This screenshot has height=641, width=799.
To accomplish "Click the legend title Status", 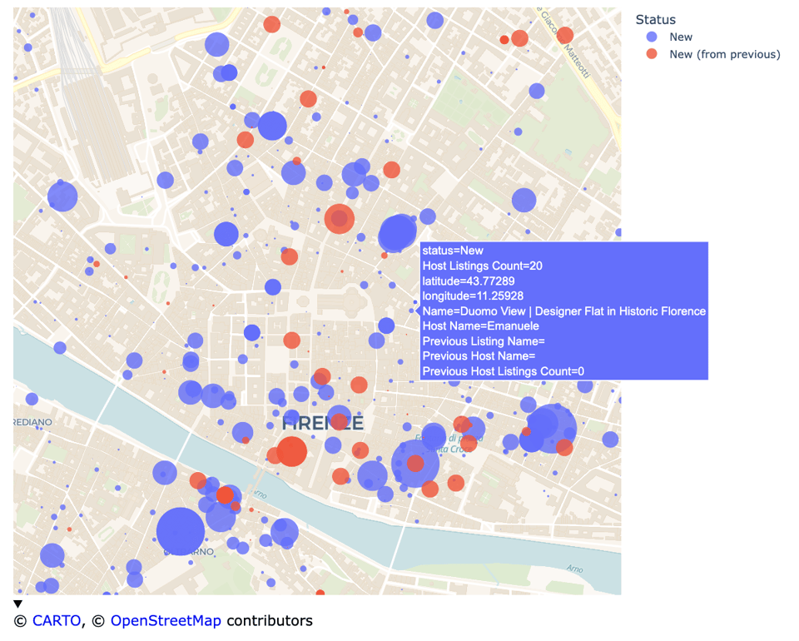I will (655, 19).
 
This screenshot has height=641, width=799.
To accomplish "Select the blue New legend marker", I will (652, 37).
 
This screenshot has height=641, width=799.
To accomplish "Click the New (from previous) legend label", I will (724, 54).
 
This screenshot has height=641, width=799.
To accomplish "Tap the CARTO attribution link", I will (57, 620).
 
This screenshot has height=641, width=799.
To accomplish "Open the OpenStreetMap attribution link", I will (166, 620).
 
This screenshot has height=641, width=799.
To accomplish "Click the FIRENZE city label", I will (322, 423).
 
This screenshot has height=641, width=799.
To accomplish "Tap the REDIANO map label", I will (32, 422).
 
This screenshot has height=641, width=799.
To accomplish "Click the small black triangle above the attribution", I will (17, 604).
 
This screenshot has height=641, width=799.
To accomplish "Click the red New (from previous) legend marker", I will (652, 54).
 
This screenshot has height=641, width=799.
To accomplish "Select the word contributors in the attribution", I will (270, 620).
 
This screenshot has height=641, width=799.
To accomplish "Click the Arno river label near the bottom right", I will (574, 569).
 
